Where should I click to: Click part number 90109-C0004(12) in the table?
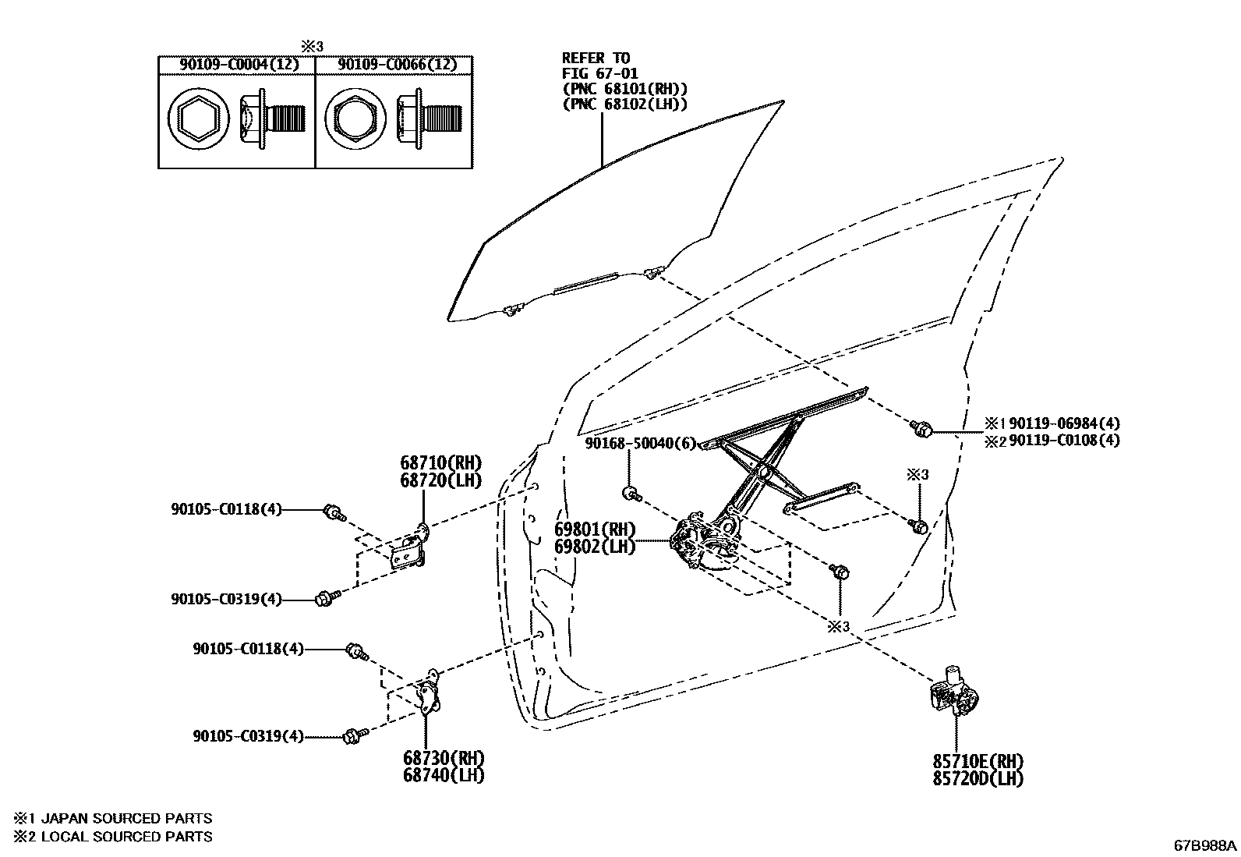[239, 65]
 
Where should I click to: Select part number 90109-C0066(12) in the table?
[396, 65]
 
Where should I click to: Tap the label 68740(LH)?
[444, 775]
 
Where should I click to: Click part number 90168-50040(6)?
[640, 443]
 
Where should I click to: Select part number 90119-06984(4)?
[1064, 423]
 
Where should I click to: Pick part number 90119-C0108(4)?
[1064, 440]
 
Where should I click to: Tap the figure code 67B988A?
[1205, 845]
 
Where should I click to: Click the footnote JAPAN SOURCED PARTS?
[125, 819]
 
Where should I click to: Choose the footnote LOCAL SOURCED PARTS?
[125, 837]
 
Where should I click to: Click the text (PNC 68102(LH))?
[625, 105]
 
